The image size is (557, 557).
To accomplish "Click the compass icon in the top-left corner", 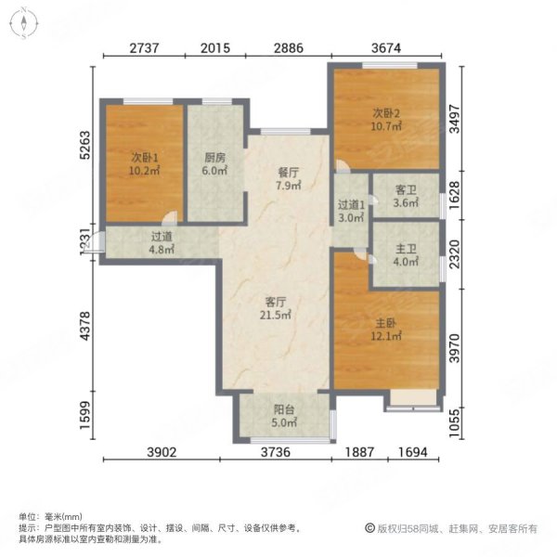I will click(x=23, y=23).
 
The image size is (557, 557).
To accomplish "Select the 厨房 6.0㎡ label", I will click(x=216, y=163).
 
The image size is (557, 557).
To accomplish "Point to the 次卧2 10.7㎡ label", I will click(x=384, y=121).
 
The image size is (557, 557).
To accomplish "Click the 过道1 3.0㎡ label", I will click(x=351, y=212).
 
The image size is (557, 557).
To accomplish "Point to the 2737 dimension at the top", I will click(x=146, y=48).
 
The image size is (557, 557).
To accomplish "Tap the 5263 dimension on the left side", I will click(x=84, y=148).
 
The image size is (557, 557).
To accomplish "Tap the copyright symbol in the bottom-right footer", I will click(x=369, y=528).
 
